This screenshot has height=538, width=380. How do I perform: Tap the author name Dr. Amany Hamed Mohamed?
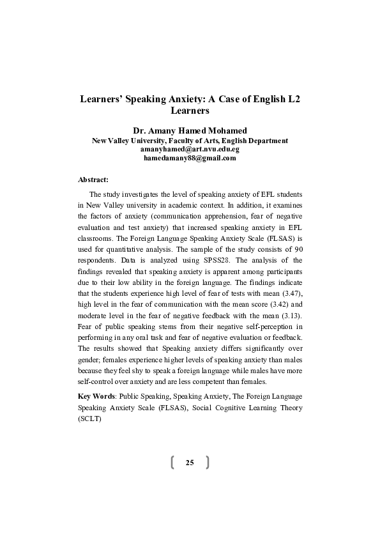[x=190, y=129]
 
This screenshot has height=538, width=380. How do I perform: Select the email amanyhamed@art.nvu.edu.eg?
[x=190, y=149]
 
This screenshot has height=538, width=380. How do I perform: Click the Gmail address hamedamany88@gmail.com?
[x=190, y=158]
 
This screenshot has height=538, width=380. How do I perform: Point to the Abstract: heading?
[x=93, y=180]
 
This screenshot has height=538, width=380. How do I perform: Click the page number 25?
[x=190, y=462]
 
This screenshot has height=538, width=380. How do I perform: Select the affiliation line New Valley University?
[x=190, y=140]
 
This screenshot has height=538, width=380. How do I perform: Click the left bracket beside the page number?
[x=173, y=462]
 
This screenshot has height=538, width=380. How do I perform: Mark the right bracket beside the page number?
[x=207, y=462]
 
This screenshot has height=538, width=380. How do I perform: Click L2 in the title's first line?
[x=293, y=100]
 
